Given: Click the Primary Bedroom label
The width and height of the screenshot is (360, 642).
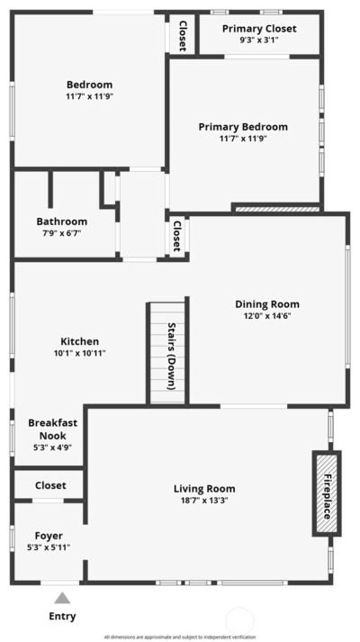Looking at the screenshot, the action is coord(243,127).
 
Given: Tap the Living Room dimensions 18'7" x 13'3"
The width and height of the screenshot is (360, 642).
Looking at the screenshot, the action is coord(204,500).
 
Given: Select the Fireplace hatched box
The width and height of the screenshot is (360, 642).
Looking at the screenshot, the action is coord(327,493).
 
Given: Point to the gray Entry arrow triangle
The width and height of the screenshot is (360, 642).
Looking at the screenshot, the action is coord(62,598).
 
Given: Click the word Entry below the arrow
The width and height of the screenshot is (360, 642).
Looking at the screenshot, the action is coord(62,616).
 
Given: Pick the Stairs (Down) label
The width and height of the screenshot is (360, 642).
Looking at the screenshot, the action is coord(172,356).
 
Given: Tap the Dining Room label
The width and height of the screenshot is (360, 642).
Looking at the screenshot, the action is coord(267,304).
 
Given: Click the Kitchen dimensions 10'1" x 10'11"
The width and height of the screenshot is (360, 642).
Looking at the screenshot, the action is coord(80,353).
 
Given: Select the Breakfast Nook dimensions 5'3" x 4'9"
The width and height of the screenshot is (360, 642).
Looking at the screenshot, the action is coord(53,448).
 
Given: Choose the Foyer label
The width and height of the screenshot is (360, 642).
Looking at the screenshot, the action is coord(49,536).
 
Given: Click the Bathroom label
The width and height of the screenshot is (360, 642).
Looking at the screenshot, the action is coord(62,222).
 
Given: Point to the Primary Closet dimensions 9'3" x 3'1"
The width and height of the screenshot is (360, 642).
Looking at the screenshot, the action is coord(259,41).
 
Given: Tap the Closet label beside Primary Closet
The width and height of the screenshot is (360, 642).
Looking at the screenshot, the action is coord(183,36).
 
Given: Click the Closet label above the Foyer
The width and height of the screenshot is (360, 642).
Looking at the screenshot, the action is coord(50,485).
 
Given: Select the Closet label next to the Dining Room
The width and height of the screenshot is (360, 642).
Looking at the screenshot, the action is coord(177,236).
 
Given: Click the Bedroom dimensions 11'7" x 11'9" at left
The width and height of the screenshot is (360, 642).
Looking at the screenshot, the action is coord(90,97).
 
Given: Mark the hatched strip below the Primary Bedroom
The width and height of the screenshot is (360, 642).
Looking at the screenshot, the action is coord(276,209).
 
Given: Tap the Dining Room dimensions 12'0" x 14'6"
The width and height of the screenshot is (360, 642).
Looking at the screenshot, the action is coord(267,316).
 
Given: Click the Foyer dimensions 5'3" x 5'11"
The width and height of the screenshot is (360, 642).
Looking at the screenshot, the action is coord(49,547).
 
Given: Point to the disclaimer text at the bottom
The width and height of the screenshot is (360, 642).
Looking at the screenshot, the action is coord(180,637).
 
